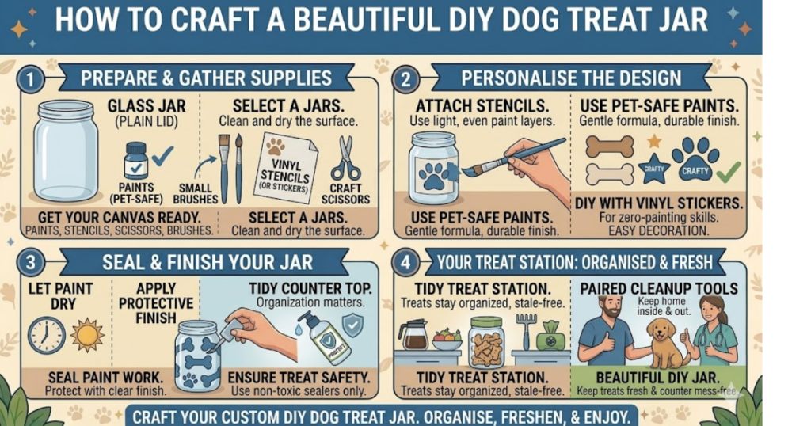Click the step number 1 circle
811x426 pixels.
pos(30,80)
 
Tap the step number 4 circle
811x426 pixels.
pos(405,263)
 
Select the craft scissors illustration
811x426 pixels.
pos(345,158)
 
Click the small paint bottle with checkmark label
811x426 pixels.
pos(136,161)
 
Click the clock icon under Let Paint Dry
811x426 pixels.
pos(47,336)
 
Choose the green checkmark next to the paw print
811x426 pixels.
pos(729,172)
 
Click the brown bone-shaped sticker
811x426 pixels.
pos(610,146)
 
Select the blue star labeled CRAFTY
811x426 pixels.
pos(653,169)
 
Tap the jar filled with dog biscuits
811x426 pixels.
pos(486,343)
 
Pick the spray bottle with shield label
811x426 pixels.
pos(326,337)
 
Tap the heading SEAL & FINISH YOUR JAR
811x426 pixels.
pos(208,263)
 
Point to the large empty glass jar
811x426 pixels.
pos(66,151)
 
